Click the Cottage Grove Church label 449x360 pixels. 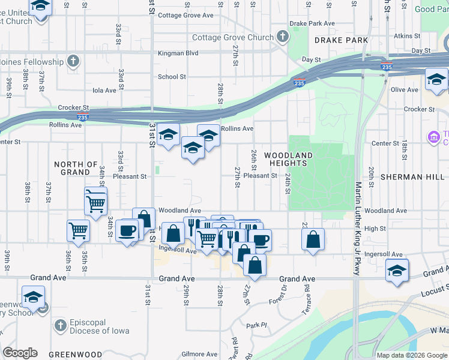pyautogui.click(x=233, y=37)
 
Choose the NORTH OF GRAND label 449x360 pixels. pyautogui.click(x=76, y=168)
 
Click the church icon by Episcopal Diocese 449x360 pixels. pyautogui.click(x=59, y=326)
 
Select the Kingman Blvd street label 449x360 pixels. pyautogui.click(x=178, y=53)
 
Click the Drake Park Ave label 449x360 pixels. pyautogui.click(x=312, y=23)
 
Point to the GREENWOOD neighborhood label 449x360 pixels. pyautogui.click(x=76, y=354)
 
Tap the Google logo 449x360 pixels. pyautogui.click(x=20, y=353)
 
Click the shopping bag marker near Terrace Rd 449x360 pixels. pyautogui.click(x=313, y=241)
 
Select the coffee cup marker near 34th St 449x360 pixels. pyautogui.click(x=127, y=230)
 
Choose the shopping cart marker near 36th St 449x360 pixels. pyautogui.click(x=79, y=230)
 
